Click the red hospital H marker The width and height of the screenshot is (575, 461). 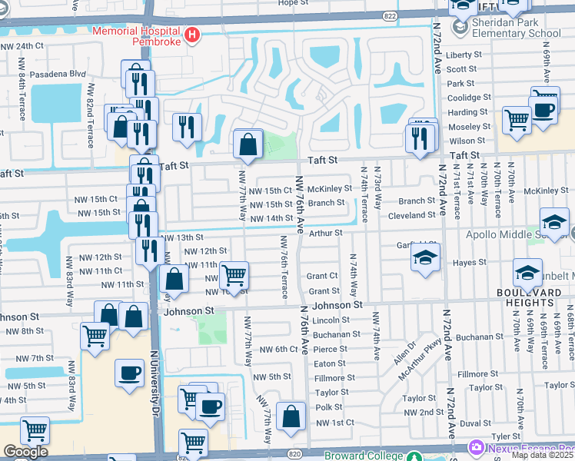(x=192, y=35)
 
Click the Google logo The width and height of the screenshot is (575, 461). (x=25, y=452)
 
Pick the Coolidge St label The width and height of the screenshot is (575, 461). (x=469, y=98)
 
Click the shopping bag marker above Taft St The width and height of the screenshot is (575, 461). (x=248, y=144)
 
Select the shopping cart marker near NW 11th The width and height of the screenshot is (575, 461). (x=234, y=274)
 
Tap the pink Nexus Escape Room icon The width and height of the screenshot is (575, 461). (x=477, y=447)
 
